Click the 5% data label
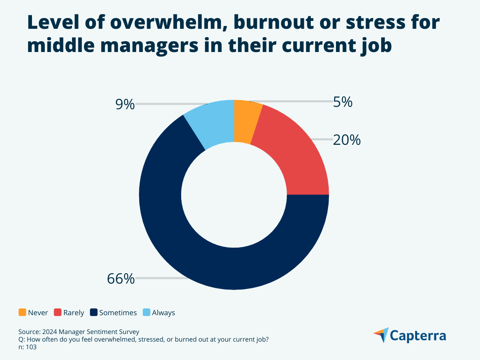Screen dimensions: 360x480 click(x=343, y=102)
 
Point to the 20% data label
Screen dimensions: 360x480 click(x=347, y=140)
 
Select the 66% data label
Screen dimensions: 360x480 click(x=121, y=278)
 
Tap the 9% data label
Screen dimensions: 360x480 click(x=125, y=104)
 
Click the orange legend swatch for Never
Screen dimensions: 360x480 click(x=22, y=312)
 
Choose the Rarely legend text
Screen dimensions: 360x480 click(x=74, y=313)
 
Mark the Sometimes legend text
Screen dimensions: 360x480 click(x=118, y=313)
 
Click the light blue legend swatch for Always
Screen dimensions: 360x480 click(x=146, y=312)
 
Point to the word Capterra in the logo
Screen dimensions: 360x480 click(x=418, y=336)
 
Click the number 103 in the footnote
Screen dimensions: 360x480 click(x=32, y=347)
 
